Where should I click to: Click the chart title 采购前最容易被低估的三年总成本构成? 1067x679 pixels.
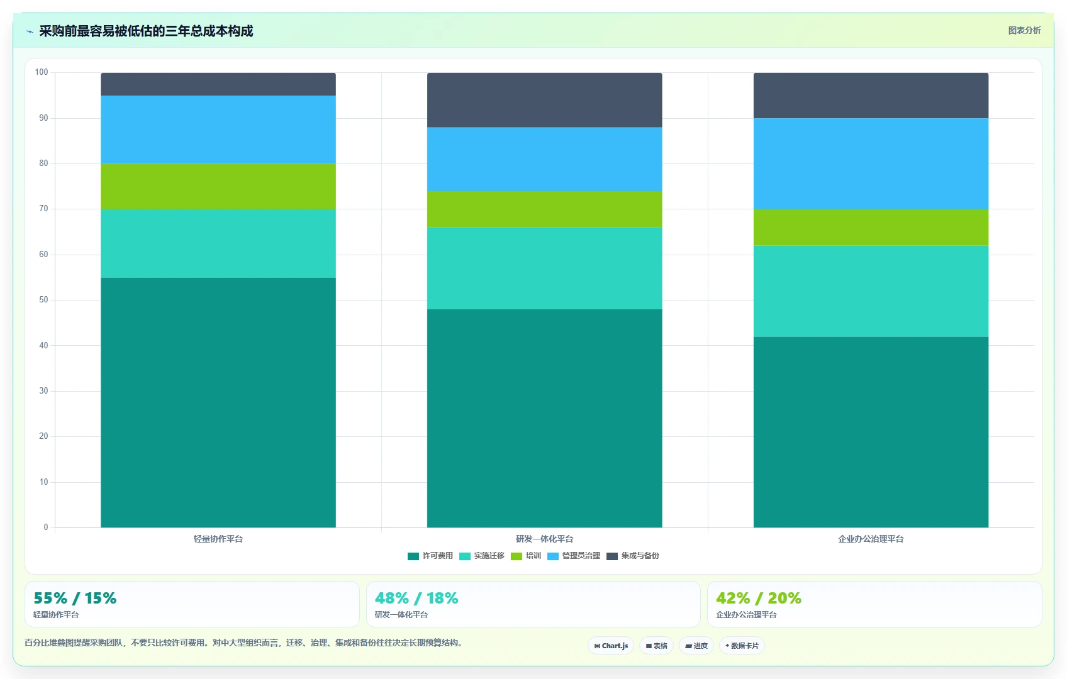(x=146, y=31)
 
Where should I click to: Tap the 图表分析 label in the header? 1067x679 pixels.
(x=1025, y=30)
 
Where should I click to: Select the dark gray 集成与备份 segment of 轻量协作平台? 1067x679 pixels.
(x=218, y=84)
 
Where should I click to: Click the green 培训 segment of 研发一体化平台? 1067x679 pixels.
(x=544, y=209)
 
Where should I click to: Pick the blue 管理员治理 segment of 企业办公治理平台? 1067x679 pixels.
(x=871, y=164)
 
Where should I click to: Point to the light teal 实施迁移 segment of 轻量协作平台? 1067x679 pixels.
(x=218, y=244)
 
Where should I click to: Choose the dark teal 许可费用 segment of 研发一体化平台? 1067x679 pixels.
(x=544, y=419)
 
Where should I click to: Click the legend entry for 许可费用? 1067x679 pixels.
(x=430, y=556)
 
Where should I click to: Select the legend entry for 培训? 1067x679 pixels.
(x=526, y=556)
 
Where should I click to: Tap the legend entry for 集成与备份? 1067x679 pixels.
(x=632, y=556)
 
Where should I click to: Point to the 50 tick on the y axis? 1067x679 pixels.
(x=43, y=300)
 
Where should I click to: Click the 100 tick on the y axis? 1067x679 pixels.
(x=42, y=72)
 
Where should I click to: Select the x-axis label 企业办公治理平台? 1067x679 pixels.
(x=871, y=539)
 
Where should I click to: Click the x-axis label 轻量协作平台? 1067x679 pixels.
(x=218, y=539)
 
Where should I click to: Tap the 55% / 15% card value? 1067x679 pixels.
(x=75, y=598)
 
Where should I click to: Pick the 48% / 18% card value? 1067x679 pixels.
(x=416, y=598)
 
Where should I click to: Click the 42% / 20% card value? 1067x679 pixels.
(x=759, y=598)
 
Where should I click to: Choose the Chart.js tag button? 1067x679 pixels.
(x=611, y=646)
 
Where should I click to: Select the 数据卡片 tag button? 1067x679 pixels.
(x=742, y=646)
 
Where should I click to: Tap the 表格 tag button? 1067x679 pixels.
(x=656, y=646)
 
